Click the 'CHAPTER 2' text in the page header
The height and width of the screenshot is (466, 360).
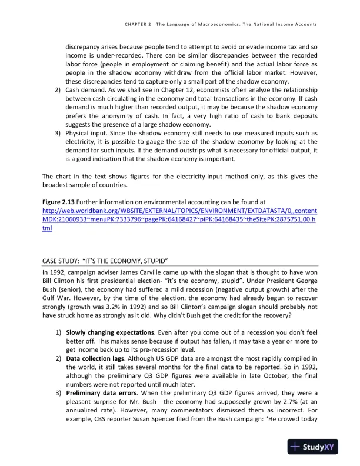138,24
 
